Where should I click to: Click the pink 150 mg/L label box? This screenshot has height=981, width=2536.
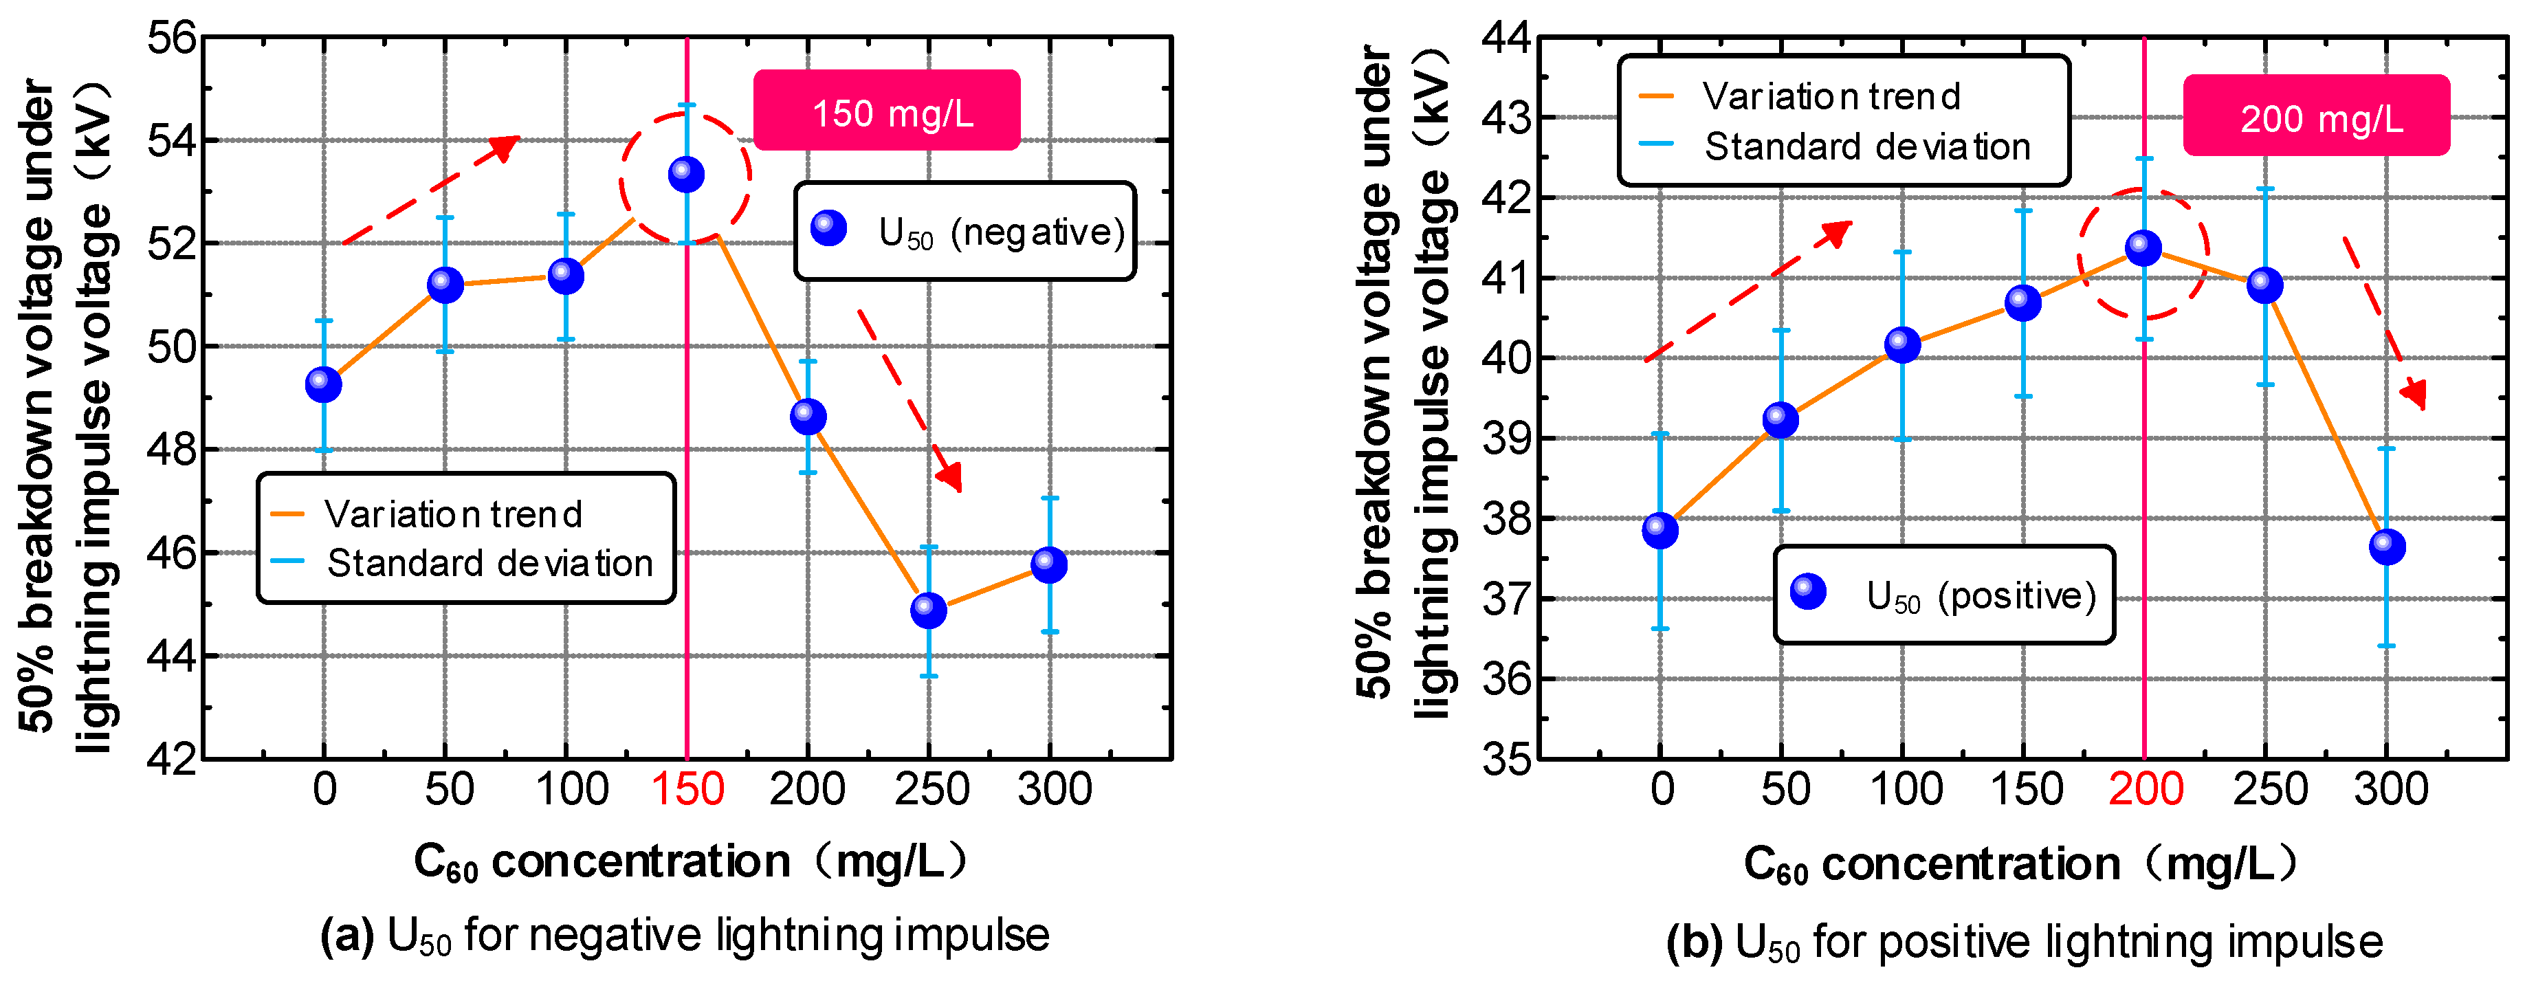886,110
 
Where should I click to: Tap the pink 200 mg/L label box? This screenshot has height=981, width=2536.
2315,116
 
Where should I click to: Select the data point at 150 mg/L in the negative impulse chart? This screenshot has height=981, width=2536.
686,175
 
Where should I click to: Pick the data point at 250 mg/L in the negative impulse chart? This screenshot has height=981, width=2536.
928,610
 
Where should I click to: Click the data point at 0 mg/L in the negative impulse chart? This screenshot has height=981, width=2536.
323,384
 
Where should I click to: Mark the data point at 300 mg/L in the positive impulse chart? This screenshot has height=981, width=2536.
2386,546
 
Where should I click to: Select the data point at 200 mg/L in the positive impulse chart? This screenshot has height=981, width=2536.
2143,247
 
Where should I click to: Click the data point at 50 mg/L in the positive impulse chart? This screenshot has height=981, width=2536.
1780,419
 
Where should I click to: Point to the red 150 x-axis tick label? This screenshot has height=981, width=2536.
687,790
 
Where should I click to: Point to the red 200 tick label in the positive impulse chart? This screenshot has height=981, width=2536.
2146,790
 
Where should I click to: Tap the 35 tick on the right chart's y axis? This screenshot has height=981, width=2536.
1506,760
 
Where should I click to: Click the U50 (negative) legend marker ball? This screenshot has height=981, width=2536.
829,228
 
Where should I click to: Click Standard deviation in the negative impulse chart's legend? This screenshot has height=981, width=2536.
489,564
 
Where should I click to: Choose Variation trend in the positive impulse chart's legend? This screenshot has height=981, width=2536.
1831,96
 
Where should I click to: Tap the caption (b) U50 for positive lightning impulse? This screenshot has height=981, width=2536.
2024,942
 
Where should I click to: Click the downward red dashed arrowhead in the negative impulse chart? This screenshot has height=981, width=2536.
950,478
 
